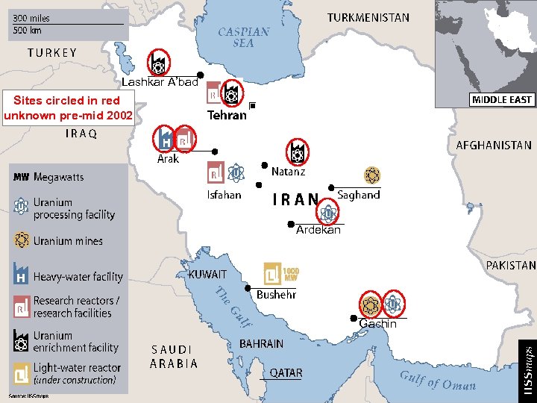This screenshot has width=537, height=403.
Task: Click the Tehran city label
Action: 227,116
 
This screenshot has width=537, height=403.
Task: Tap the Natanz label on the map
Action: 288,172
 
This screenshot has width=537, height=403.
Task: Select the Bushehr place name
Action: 276,295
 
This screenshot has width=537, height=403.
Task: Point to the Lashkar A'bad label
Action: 160,82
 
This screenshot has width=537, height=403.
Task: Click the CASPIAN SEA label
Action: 243,37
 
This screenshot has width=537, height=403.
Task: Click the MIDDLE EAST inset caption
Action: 502,100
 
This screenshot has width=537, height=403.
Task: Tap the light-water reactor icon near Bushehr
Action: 273,273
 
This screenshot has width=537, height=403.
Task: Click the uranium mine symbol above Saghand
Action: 371,175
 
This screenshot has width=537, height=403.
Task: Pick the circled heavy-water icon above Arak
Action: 165,138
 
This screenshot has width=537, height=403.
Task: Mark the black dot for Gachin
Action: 354,318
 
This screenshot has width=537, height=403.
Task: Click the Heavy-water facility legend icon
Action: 21,274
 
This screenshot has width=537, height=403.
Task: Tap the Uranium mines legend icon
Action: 21,240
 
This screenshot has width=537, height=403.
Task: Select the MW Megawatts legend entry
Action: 48,177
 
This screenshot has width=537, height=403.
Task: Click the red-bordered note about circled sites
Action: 68,107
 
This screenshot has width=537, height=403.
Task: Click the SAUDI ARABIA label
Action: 175,356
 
